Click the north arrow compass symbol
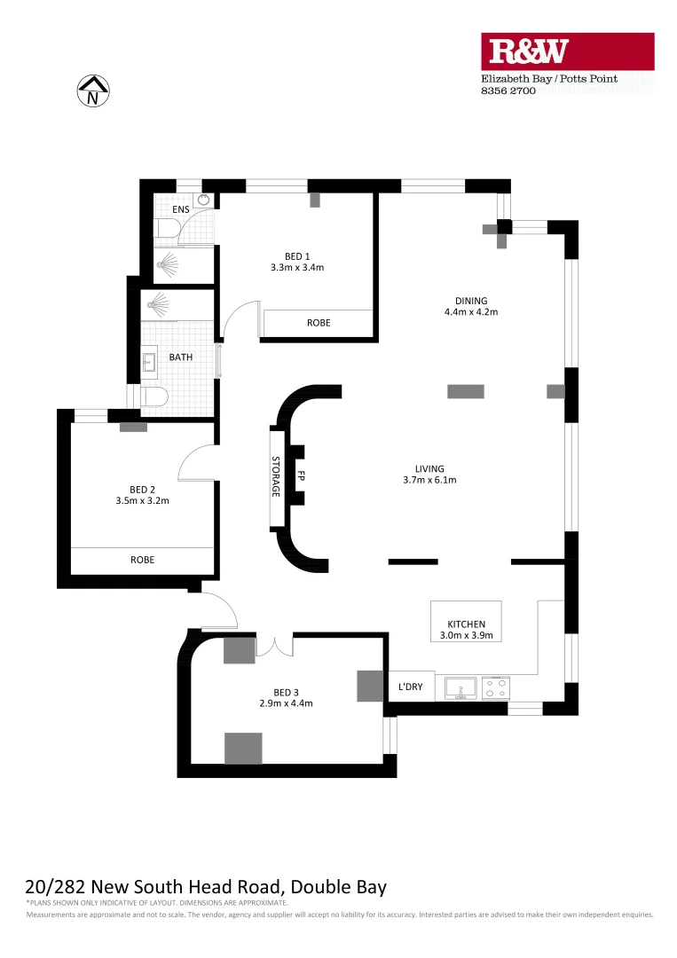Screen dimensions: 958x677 (93, 90)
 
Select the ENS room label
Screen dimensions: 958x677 (181, 209)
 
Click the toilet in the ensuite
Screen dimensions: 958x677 (166, 231)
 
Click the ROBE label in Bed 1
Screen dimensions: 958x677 (319, 323)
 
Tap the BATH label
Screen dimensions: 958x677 (181, 357)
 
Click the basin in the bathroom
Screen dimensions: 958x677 (149, 362)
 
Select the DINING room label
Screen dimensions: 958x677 (471, 300)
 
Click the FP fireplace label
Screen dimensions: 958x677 (301, 475)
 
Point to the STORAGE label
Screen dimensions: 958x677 (276, 476)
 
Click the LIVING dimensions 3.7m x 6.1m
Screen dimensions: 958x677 (429, 481)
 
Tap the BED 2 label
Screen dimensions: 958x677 (142, 489)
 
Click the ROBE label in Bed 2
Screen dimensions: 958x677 (143, 560)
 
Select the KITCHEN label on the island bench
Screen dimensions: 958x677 (465, 624)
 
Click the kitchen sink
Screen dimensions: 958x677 (461, 687)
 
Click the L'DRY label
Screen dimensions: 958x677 (409, 687)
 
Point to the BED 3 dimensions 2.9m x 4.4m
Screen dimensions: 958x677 (279, 703)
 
